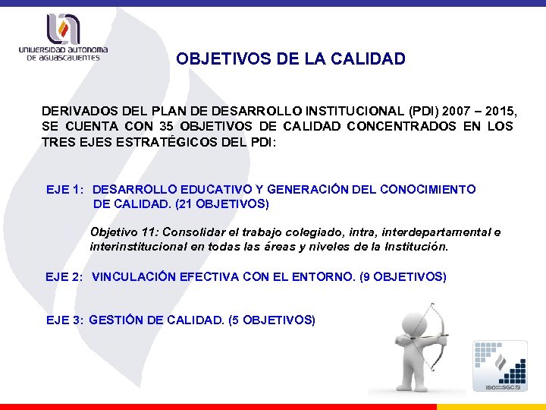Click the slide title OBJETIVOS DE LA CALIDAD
tap(290, 58)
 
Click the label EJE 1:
tap(64, 189)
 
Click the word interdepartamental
tap(430, 232)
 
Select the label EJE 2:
tap(64, 277)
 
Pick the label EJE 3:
tap(64, 320)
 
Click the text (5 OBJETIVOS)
tap(271, 320)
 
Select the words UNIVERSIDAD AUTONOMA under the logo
tap(64, 51)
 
